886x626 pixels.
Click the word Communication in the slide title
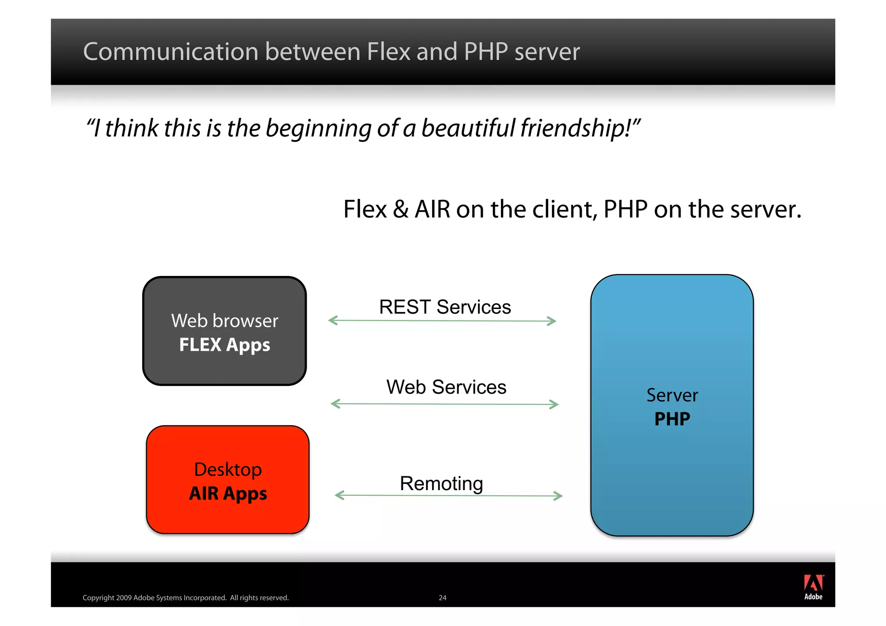click(170, 52)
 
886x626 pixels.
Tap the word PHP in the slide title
click(485, 52)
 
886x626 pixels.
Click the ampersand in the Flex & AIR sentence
click(401, 210)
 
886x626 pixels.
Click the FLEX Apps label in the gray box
click(225, 345)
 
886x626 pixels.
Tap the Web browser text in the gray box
click(225, 321)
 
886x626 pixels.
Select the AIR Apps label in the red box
click(228, 494)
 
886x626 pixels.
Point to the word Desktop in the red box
click(228, 470)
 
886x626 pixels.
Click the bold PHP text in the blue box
click(672, 419)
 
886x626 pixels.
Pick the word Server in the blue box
click(672, 395)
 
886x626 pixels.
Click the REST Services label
click(445, 307)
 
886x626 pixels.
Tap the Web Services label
click(446, 387)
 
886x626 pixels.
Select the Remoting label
click(441, 484)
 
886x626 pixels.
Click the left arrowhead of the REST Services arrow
click(332, 321)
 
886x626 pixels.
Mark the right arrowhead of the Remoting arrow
click(559, 496)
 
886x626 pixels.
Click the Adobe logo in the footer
click(813, 587)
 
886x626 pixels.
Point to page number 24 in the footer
click(443, 598)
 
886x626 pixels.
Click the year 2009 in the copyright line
click(124, 598)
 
